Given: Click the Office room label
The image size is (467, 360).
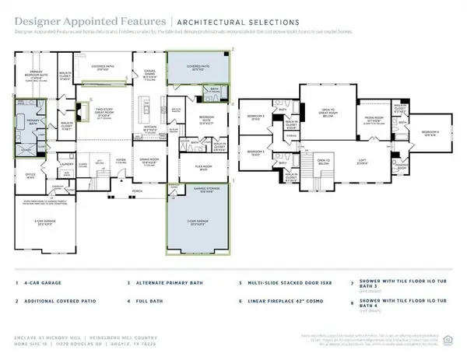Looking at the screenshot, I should pos(31,176).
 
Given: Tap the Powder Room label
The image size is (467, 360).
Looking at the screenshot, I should pos(404,166).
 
